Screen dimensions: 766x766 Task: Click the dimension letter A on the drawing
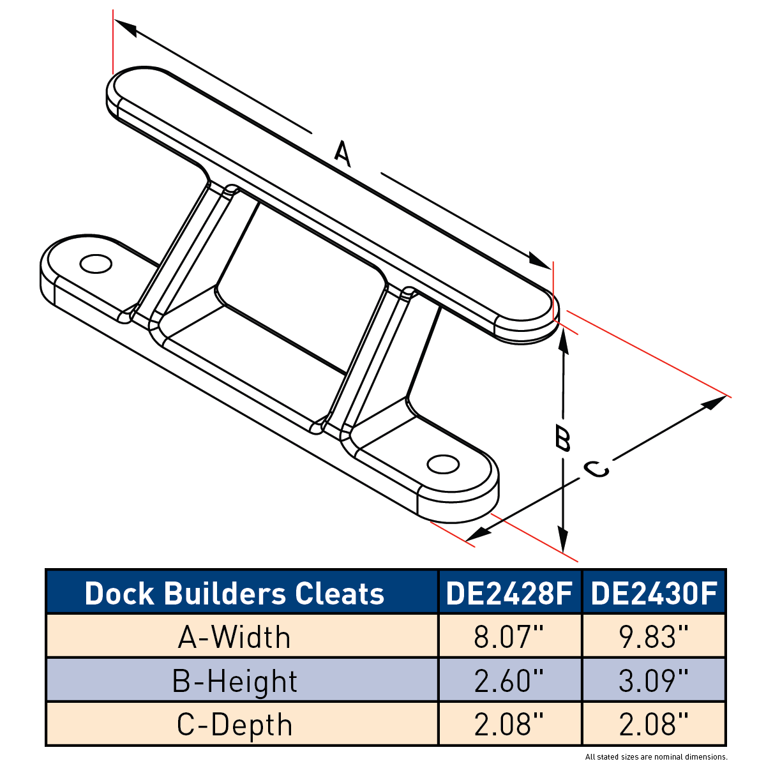click(x=343, y=153)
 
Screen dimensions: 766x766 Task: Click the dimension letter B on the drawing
click(x=562, y=439)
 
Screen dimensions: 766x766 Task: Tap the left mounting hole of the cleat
click(x=96, y=264)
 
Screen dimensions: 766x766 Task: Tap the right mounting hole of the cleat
click(x=443, y=464)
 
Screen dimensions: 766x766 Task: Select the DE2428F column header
click(x=509, y=594)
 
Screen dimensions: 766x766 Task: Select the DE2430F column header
click(x=654, y=594)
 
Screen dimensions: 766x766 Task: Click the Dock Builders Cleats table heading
click(x=234, y=594)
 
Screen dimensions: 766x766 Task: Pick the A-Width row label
click(x=234, y=637)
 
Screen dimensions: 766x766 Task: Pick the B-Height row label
click(x=234, y=681)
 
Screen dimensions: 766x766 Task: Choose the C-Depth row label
click(x=234, y=725)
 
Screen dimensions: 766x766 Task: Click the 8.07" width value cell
click(x=509, y=637)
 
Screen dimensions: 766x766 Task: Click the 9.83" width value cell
click(x=654, y=637)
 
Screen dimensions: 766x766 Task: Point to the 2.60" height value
click(x=509, y=681)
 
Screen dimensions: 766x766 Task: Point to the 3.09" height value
click(x=654, y=681)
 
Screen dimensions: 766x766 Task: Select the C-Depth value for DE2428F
click(x=509, y=725)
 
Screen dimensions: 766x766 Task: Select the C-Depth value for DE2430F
click(x=654, y=725)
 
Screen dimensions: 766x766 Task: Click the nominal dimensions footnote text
click(x=656, y=757)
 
